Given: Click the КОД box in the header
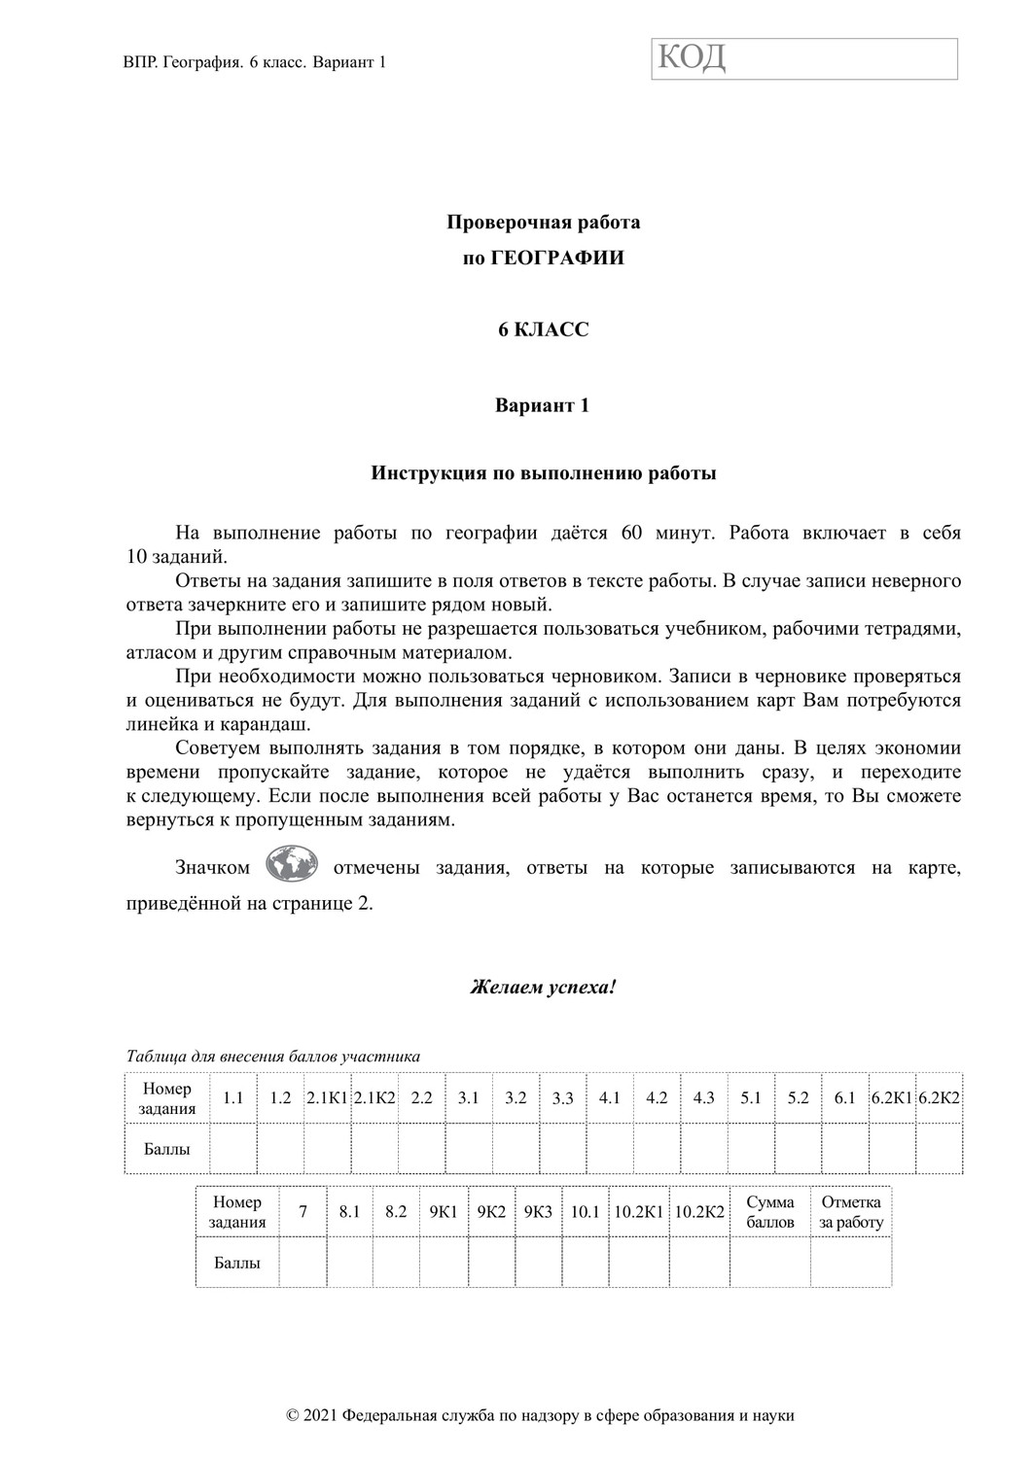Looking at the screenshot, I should coord(804,58).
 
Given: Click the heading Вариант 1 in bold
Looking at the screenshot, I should coord(543,405).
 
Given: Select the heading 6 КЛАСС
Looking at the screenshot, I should coord(543,330).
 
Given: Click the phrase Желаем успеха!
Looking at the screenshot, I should coord(543,988).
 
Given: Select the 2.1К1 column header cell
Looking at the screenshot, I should coord(327,1098).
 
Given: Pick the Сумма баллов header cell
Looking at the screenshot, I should coord(770,1212).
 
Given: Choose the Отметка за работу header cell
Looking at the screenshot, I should coord(851,1212).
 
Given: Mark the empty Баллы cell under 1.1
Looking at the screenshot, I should coord(233,1149).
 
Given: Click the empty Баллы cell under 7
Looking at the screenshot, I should coord(302,1263).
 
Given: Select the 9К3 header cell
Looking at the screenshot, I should coord(538,1212).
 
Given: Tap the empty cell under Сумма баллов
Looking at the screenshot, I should coord(770,1263).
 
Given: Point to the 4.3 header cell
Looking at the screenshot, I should coord(703,1098).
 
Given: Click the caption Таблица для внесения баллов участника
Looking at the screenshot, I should coord(273,1056).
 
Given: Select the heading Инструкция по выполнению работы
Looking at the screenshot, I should coord(543,474).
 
